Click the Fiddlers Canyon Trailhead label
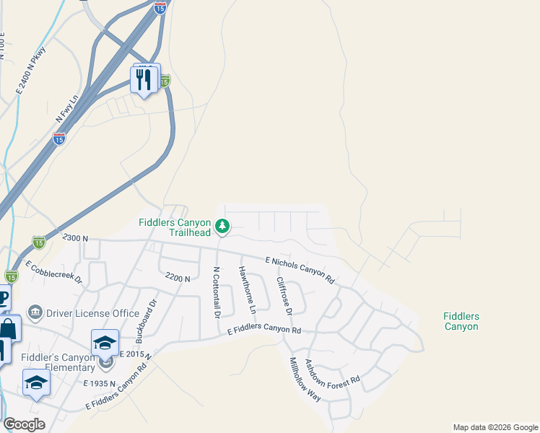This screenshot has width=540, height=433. (175, 227)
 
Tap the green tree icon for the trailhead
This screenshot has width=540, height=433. (223, 227)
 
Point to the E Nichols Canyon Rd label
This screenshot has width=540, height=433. (300, 269)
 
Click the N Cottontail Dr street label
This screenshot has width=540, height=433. (215, 292)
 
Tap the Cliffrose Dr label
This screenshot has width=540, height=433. (284, 296)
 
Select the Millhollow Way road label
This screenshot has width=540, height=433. (304, 380)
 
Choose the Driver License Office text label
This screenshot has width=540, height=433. (92, 313)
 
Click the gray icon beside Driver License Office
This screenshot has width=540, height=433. (35, 312)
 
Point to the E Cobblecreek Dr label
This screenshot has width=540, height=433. (54, 271)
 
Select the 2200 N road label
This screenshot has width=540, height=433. (178, 278)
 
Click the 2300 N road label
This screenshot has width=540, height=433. (75, 237)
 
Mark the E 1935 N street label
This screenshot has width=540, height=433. (100, 382)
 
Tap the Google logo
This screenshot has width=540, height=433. (24, 424)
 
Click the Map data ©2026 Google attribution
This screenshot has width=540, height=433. (495, 427)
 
